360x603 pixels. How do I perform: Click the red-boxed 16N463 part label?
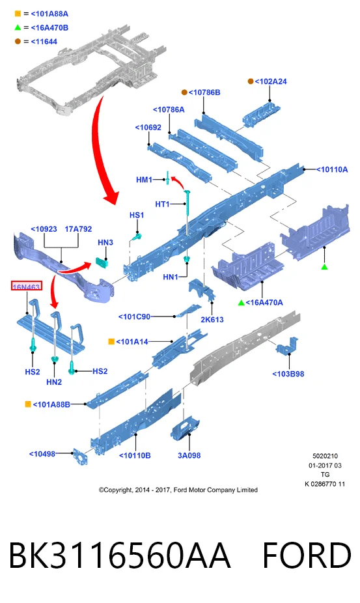(x=26, y=287)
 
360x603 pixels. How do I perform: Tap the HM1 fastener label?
(x=145, y=180)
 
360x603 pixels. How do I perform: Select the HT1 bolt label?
(x=162, y=204)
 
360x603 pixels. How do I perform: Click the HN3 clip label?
(x=105, y=242)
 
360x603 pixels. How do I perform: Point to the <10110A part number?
(x=332, y=169)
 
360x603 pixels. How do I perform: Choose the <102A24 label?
(x=271, y=81)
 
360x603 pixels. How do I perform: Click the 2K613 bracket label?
(x=212, y=320)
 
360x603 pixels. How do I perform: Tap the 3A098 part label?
(x=189, y=455)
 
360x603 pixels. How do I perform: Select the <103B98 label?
(x=288, y=374)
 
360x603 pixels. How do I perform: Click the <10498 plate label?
(x=42, y=454)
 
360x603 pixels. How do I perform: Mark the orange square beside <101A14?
(x=111, y=341)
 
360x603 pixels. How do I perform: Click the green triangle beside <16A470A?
(x=241, y=303)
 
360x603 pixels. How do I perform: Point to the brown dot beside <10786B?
(x=184, y=92)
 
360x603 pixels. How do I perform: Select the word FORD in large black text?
(x=307, y=555)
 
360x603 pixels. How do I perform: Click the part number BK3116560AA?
(x=119, y=555)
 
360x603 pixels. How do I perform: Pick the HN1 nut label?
(x=171, y=277)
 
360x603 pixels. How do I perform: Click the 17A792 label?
(x=79, y=229)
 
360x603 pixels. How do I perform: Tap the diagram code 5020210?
(x=325, y=456)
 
